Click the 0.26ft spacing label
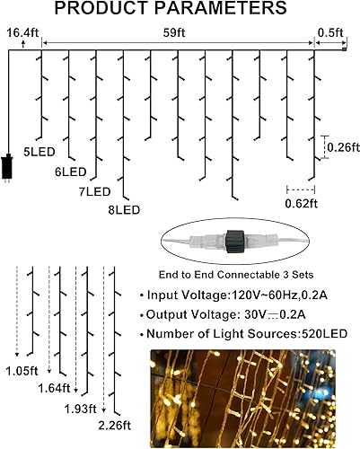tap(341, 147)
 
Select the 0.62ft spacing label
tap(302, 204)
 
